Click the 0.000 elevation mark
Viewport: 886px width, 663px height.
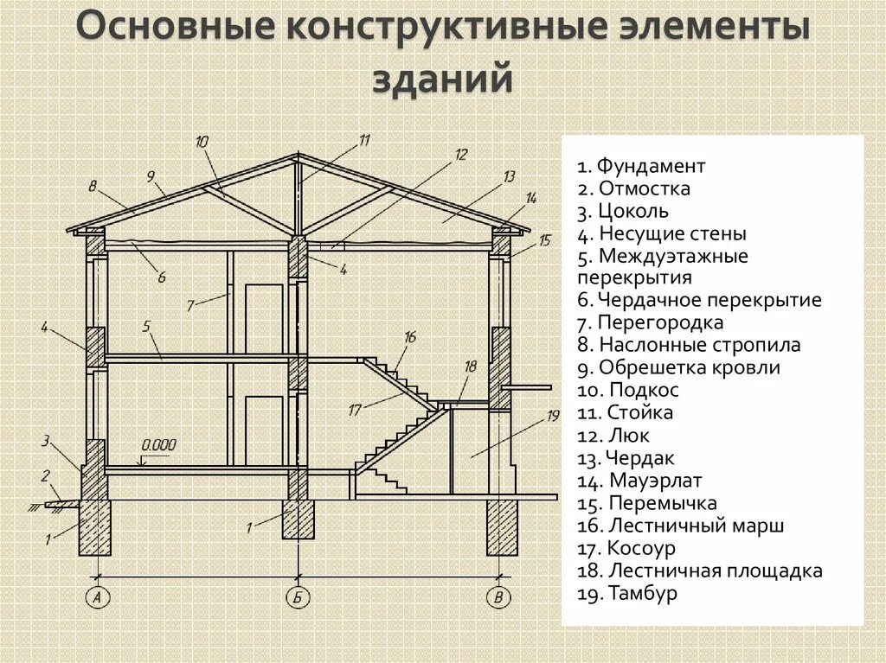point(158,445)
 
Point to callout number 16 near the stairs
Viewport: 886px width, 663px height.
point(410,337)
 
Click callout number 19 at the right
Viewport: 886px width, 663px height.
point(554,417)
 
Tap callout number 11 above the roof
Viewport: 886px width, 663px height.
point(363,139)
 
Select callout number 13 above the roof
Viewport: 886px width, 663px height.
point(509,176)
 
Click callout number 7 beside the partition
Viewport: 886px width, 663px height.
point(191,303)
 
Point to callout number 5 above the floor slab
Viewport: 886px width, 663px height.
point(146,326)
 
